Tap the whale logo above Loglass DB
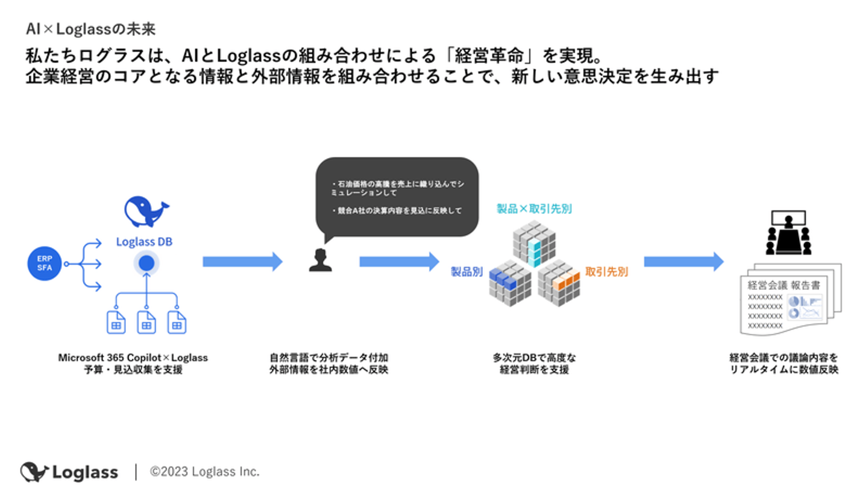[146, 212]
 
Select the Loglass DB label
[145, 242]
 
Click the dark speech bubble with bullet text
[397, 197]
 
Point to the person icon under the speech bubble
[319, 260]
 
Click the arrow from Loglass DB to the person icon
[242, 262]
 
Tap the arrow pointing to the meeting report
[683, 262]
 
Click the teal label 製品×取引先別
[533, 209]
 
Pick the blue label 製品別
[467, 272]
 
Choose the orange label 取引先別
[606, 272]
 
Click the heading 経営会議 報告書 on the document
[787, 285]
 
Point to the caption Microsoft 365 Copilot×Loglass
[133, 358]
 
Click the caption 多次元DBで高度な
[534, 358]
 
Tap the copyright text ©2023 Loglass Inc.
[205, 471]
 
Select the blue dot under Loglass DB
[145, 263]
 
